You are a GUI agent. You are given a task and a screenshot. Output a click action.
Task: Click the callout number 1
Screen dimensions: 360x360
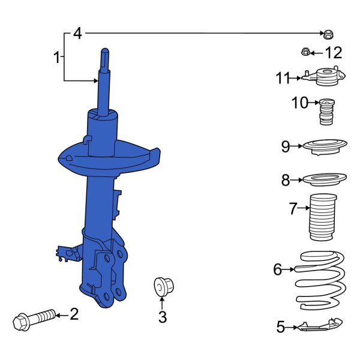click(x=56, y=58)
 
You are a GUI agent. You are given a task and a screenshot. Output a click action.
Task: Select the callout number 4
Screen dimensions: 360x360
click(x=77, y=34)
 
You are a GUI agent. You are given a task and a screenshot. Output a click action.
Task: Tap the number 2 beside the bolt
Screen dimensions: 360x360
click(x=74, y=314)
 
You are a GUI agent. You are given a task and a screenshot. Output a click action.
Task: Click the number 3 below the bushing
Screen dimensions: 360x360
click(x=162, y=318)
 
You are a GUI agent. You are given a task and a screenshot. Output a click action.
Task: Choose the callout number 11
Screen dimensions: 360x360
click(x=283, y=78)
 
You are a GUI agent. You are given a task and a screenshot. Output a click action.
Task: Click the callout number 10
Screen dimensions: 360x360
click(x=299, y=103)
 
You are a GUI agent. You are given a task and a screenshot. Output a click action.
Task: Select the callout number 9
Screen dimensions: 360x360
click(x=286, y=146)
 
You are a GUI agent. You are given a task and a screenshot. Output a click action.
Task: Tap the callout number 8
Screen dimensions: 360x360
click(x=286, y=179)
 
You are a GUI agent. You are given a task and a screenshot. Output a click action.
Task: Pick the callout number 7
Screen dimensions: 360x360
click(x=293, y=209)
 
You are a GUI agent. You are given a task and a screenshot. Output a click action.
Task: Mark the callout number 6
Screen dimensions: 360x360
click(x=277, y=270)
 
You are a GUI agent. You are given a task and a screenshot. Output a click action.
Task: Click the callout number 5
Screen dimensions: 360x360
click(x=280, y=327)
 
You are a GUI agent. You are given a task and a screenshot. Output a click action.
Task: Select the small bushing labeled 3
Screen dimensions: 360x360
click(x=162, y=286)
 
